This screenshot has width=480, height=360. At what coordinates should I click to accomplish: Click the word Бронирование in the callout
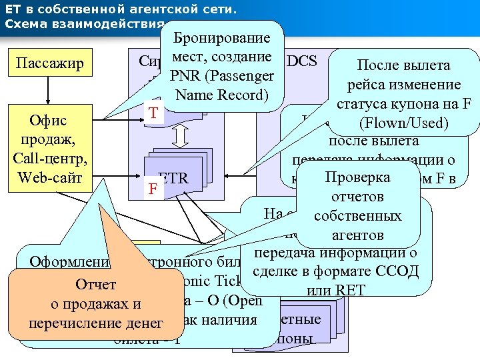(x=221, y=37)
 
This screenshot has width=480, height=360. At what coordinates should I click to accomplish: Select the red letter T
(x=153, y=114)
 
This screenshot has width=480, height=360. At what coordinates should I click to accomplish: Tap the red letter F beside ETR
(x=153, y=189)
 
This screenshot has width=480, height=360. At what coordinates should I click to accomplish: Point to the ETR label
(x=174, y=178)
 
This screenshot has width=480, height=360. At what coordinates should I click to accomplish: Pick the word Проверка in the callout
(x=357, y=179)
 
